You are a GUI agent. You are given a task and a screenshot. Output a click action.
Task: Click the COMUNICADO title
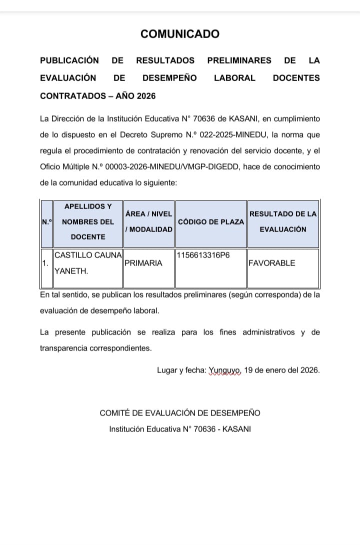pyautogui.click(x=180, y=34)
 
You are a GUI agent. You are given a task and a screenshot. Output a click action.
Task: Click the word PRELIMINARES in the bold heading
pyautogui.click(x=239, y=60)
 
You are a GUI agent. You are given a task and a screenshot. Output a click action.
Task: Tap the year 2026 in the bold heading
pyautogui.click(x=146, y=95)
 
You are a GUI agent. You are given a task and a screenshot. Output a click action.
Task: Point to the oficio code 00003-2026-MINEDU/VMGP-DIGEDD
pyautogui.click(x=155, y=167)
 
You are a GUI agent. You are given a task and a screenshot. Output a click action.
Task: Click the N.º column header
pyautogui.click(x=46, y=221)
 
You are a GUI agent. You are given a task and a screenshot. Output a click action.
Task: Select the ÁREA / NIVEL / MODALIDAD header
pyautogui.click(x=149, y=221)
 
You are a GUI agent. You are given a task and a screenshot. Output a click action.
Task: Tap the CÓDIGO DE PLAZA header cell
pyautogui.click(x=210, y=221)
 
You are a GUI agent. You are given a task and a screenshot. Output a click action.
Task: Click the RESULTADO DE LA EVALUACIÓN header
pyautogui.click(x=283, y=221)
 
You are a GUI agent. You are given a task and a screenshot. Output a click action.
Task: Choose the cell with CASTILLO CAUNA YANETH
pyautogui.click(x=88, y=263)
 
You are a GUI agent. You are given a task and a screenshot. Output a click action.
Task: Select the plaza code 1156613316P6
pyautogui.click(x=203, y=255)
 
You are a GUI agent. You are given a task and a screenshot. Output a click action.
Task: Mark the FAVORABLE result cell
pyautogui.click(x=272, y=263)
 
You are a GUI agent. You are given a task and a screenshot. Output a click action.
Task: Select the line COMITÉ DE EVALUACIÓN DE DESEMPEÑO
pyautogui.click(x=180, y=413)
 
